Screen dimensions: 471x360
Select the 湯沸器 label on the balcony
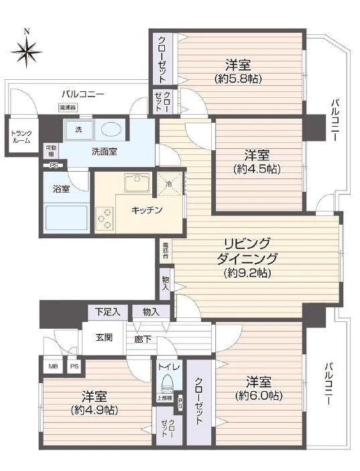[67, 107]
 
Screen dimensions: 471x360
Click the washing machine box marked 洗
[78, 129]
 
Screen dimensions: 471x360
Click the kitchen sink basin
[138, 182]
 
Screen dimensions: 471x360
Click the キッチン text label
[145, 210]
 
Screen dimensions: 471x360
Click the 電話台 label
[165, 250]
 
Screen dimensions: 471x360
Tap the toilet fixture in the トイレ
[166, 385]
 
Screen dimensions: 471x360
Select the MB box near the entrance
[52, 366]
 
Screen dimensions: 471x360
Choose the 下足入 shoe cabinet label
[107, 311]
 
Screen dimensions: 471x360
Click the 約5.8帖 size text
[238, 79]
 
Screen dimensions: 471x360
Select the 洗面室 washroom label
[104, 152]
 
